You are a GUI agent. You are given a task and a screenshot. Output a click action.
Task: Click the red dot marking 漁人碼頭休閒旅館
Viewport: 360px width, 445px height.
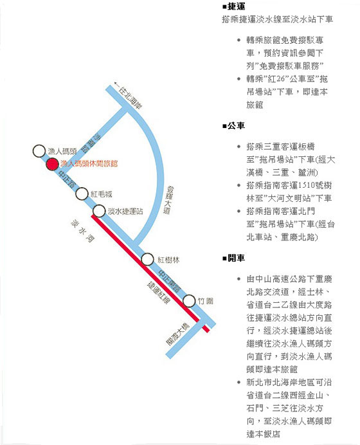point(52,164)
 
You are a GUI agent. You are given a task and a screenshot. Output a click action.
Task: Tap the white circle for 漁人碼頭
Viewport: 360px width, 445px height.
point(39,151)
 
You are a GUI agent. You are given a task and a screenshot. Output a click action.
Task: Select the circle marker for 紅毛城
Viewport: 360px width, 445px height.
point(82,194)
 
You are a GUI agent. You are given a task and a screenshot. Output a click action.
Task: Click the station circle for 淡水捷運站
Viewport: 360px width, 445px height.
point(99,211)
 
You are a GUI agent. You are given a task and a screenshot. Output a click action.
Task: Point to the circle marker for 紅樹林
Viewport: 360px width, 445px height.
point(147,259)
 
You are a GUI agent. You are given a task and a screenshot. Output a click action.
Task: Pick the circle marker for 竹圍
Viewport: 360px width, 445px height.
point(189,300)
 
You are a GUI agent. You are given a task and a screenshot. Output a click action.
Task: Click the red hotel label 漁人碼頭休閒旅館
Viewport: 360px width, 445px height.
point(89,163)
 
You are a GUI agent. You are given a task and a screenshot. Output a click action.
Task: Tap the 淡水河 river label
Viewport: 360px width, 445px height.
point(82,232)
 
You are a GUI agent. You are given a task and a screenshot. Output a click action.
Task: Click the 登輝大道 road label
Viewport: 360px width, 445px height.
point(168,200)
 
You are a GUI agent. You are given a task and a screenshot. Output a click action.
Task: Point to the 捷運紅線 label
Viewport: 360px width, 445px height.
point(159,293)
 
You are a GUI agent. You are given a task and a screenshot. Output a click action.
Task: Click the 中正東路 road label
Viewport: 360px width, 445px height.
point(169,281)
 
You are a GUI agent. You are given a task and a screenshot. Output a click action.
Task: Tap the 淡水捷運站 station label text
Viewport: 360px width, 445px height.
point(125,211)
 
